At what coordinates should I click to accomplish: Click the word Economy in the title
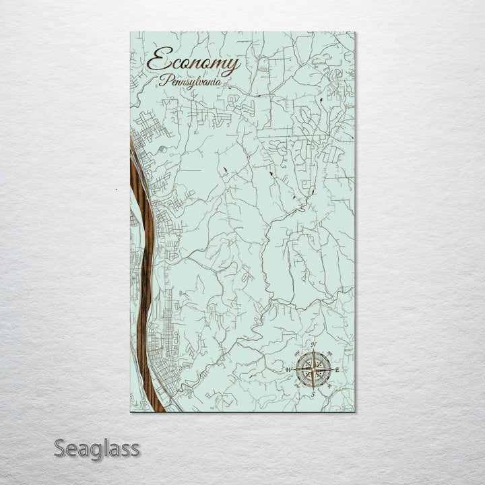pyautogui.click(x=193, y=63)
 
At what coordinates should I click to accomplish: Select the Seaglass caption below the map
pyautogui.click(x=97, y=448)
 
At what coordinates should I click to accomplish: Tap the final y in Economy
pyautogui.click(x=232, y=65)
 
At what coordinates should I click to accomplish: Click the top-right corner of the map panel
pyautogui.click(x=354, y=32)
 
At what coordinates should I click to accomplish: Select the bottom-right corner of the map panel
pyautogui.click(x=354, y=412)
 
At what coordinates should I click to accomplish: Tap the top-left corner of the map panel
pyautogui.click(x=130, y=32)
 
